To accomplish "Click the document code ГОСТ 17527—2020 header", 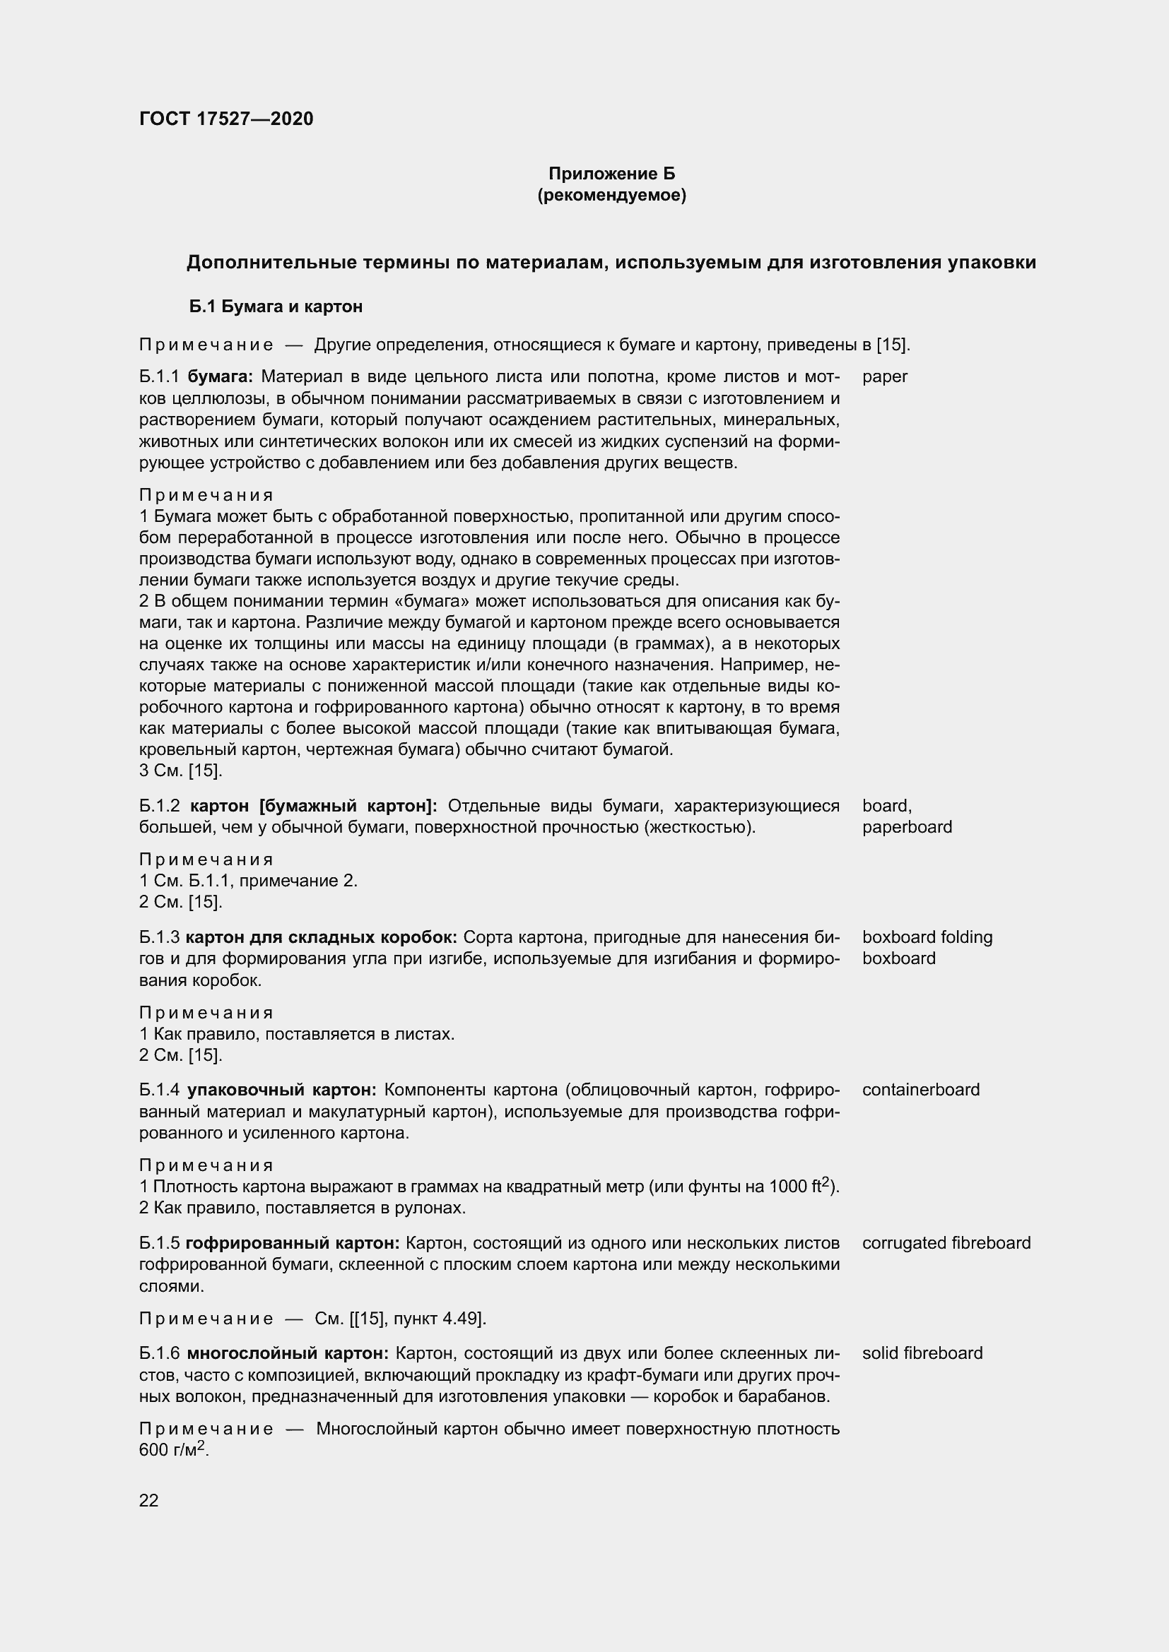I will click(226, 119).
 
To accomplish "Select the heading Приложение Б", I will click(611, 174).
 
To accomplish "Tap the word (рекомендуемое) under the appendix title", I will click(611, 195).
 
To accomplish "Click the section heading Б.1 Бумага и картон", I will click(276, 307).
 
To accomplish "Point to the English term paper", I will click(885, 376).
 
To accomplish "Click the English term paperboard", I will click(907, 827).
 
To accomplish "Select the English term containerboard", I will click(921, 1089).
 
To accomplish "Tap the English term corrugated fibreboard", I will click(946, 1242).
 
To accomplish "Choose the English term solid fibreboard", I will click(922, 1353).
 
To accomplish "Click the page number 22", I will click(148, 1500).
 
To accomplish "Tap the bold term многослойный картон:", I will click(287, 1353).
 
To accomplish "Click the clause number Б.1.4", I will click(158, 1089).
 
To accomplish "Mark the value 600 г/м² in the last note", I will click(172, 1450).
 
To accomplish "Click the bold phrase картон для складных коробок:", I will click(321, 937).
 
